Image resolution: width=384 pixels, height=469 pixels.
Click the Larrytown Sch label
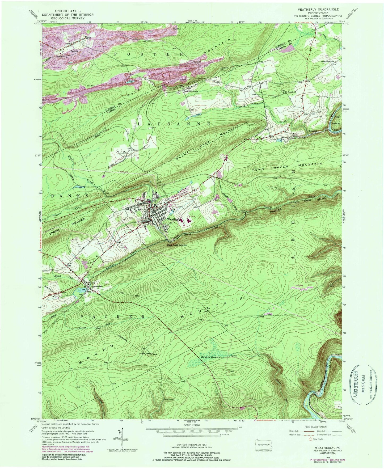pyautogui.click(x=323, y=61)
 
